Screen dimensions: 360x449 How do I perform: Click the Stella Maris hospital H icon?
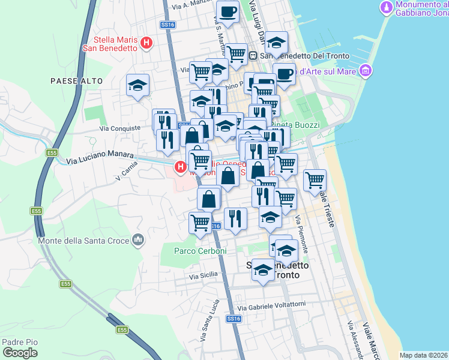[146, 43]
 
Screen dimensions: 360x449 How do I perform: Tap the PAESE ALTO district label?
[76, 80]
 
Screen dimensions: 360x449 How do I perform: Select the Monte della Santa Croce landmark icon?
[139, 240]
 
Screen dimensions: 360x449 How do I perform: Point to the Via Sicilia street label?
[203, 277]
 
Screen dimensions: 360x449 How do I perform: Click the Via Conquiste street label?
[121, 128]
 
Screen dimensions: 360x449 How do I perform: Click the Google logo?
[20, 353]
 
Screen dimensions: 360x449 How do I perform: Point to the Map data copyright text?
[424, 355]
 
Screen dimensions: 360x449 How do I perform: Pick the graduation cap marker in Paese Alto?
[137, 85]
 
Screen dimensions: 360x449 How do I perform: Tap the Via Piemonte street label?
[302, 235]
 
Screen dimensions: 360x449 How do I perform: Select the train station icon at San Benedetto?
[253, 56]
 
